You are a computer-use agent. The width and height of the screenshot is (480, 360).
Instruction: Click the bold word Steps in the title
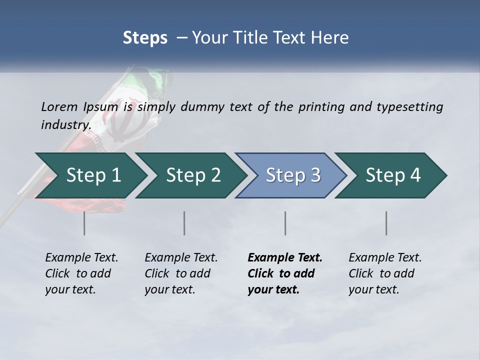(x=145, y=37)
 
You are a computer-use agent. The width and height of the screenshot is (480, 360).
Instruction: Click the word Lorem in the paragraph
(x=59, y=106)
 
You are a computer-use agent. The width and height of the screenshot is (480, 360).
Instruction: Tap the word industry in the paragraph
(x=65, y=124)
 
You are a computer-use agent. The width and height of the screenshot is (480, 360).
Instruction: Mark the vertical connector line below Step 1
(x=84, y=223)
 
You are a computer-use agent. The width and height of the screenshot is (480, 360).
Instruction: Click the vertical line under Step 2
(x=184, y=223)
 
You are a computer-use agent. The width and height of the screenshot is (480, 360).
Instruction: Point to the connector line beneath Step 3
(x=285, y=223)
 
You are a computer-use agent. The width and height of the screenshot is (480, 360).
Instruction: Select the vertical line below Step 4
(x=386, y=223)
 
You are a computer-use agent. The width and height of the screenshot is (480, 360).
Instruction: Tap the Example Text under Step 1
(x=81, y=258)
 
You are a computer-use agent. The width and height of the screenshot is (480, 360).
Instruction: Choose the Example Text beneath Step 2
(x=181, y=258)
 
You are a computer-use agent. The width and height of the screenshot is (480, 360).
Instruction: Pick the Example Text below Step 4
(x=385, y=258)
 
